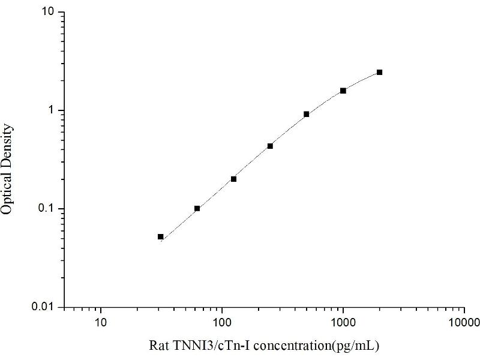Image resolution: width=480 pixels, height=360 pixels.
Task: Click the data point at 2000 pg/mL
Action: pos(379,72)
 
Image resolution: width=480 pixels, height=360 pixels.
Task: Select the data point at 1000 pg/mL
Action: pos(343,91)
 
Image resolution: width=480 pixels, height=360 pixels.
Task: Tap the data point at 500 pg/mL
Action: pos(307,114)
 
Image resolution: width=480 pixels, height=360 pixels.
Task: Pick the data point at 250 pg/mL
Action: pos(270,146)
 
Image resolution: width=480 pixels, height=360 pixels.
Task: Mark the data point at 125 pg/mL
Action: pos(233,179)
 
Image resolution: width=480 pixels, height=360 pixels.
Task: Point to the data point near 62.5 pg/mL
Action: pos(197,208)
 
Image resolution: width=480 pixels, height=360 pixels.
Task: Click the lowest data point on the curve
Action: pos(161,236)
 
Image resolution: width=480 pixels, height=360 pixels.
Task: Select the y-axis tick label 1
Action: pos(52,110)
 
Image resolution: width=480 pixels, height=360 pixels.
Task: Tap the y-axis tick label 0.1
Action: pos(48,209)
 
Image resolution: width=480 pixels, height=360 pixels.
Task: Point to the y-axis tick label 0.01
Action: pos(46,307)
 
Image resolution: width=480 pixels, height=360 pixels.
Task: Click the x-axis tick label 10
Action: pos(101,322)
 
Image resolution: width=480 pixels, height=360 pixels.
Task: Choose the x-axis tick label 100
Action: pos(222,322)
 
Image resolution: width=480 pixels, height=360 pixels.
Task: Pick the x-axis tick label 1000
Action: pos(343,322)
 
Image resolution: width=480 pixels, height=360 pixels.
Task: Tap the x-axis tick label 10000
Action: pos(463,322)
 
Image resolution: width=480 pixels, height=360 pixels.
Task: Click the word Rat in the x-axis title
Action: pos(157,346)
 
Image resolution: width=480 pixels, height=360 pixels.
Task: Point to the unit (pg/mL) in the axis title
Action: pos(358,346)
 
